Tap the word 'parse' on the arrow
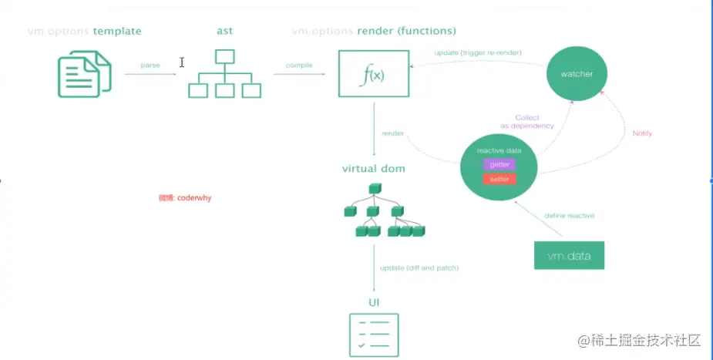pyautogui.click(x=150, y=65)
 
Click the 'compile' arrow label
pyautogui.click(x=299, y=65)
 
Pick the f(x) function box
pyautogui.click(x=373, y=74)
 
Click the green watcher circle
pyautogui.click(x=577, y=74)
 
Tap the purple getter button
pyautogui.click(x=499, y=164)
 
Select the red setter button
pyautogui.click(x=499, y=179)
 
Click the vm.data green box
pyautogui.click(x=569, y=255)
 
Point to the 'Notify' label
pyautogui.click(x=642, y=133)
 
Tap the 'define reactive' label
pyautogui.click(x=569, y=216)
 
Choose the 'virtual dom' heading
pyautogui.click(x=373, y=168)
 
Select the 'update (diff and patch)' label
pyautogui.click(x=419, y=267)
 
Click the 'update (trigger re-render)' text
pyautogui.click(x=479, y=52)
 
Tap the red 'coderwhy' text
pyautogui.click(x=185, y=197)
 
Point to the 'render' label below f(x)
pyautogui.click(x=392, y=133)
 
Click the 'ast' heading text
pyautogui.click(x=224, y=32)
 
